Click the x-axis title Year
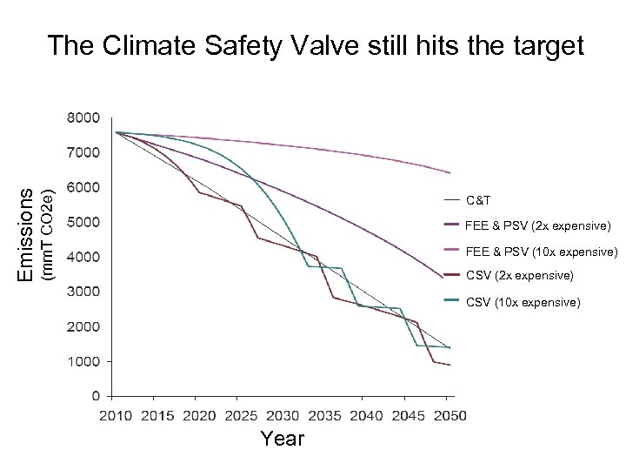pos(283,439)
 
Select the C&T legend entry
pos(478,200)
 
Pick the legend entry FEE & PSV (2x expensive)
pos(536,225)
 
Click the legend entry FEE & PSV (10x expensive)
pos(540,252)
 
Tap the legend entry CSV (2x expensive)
pos(519,276)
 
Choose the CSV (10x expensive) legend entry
pos(523,302)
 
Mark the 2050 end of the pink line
pos(450,173)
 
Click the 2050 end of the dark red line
pos(450,365)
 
